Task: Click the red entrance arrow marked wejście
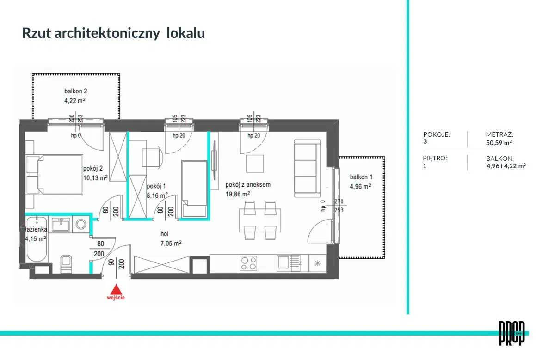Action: pos(117,289)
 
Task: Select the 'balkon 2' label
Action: pos(76,91)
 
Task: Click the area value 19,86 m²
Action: pos(238,195)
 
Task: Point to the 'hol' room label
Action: pos(165,234)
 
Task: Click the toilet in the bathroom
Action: pos(66,262)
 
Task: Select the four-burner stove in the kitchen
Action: pos(248,263)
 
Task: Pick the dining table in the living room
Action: pos(259,221)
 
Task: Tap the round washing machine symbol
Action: pos(81,225)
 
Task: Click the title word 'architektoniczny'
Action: pos(107,33)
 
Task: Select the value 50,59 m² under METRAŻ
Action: pos(499,143)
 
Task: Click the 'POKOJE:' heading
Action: pos(437,135)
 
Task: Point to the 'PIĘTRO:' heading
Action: pos(435,158)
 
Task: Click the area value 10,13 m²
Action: pos(96,177)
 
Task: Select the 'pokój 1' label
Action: pos(157,186)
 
